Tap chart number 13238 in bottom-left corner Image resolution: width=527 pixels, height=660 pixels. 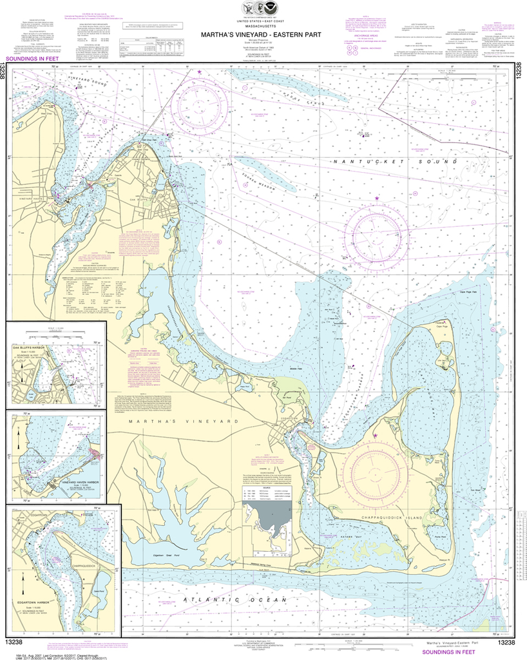[x=19, y=642]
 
